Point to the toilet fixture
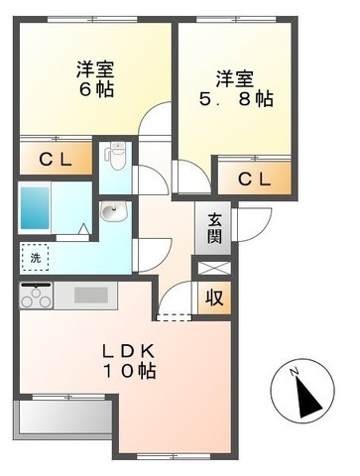(x=115, y=155)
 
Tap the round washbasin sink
(x=109, y=211)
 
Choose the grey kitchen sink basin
(x=93, y=295)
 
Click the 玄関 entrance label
(x=214, y=229)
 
